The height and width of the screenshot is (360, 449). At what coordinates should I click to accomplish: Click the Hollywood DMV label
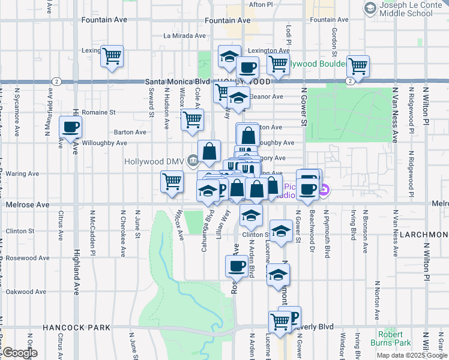155,161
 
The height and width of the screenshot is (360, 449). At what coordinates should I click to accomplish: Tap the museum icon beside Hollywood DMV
193,160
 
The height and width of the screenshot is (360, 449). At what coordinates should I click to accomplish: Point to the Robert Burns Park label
394,338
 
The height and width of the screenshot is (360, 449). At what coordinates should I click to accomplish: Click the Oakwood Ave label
26,292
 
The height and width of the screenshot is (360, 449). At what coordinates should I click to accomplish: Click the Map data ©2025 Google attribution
411,355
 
